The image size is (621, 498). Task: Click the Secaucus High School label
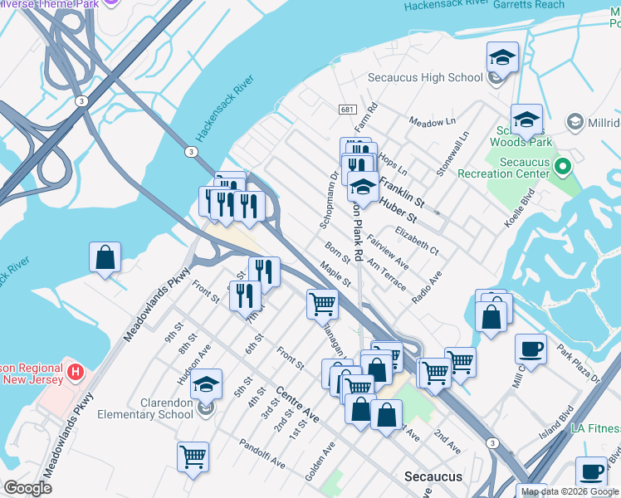(425, 77)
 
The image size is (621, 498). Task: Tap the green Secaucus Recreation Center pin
(563, 168)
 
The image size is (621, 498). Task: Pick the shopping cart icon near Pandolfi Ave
(193, 456)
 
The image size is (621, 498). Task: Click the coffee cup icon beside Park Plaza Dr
(531, 349)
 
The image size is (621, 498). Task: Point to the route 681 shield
(347, 110)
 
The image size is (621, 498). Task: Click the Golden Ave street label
(320, 461)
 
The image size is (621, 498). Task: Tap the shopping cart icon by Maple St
(322, 304)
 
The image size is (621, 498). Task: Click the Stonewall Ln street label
(453, 154)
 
